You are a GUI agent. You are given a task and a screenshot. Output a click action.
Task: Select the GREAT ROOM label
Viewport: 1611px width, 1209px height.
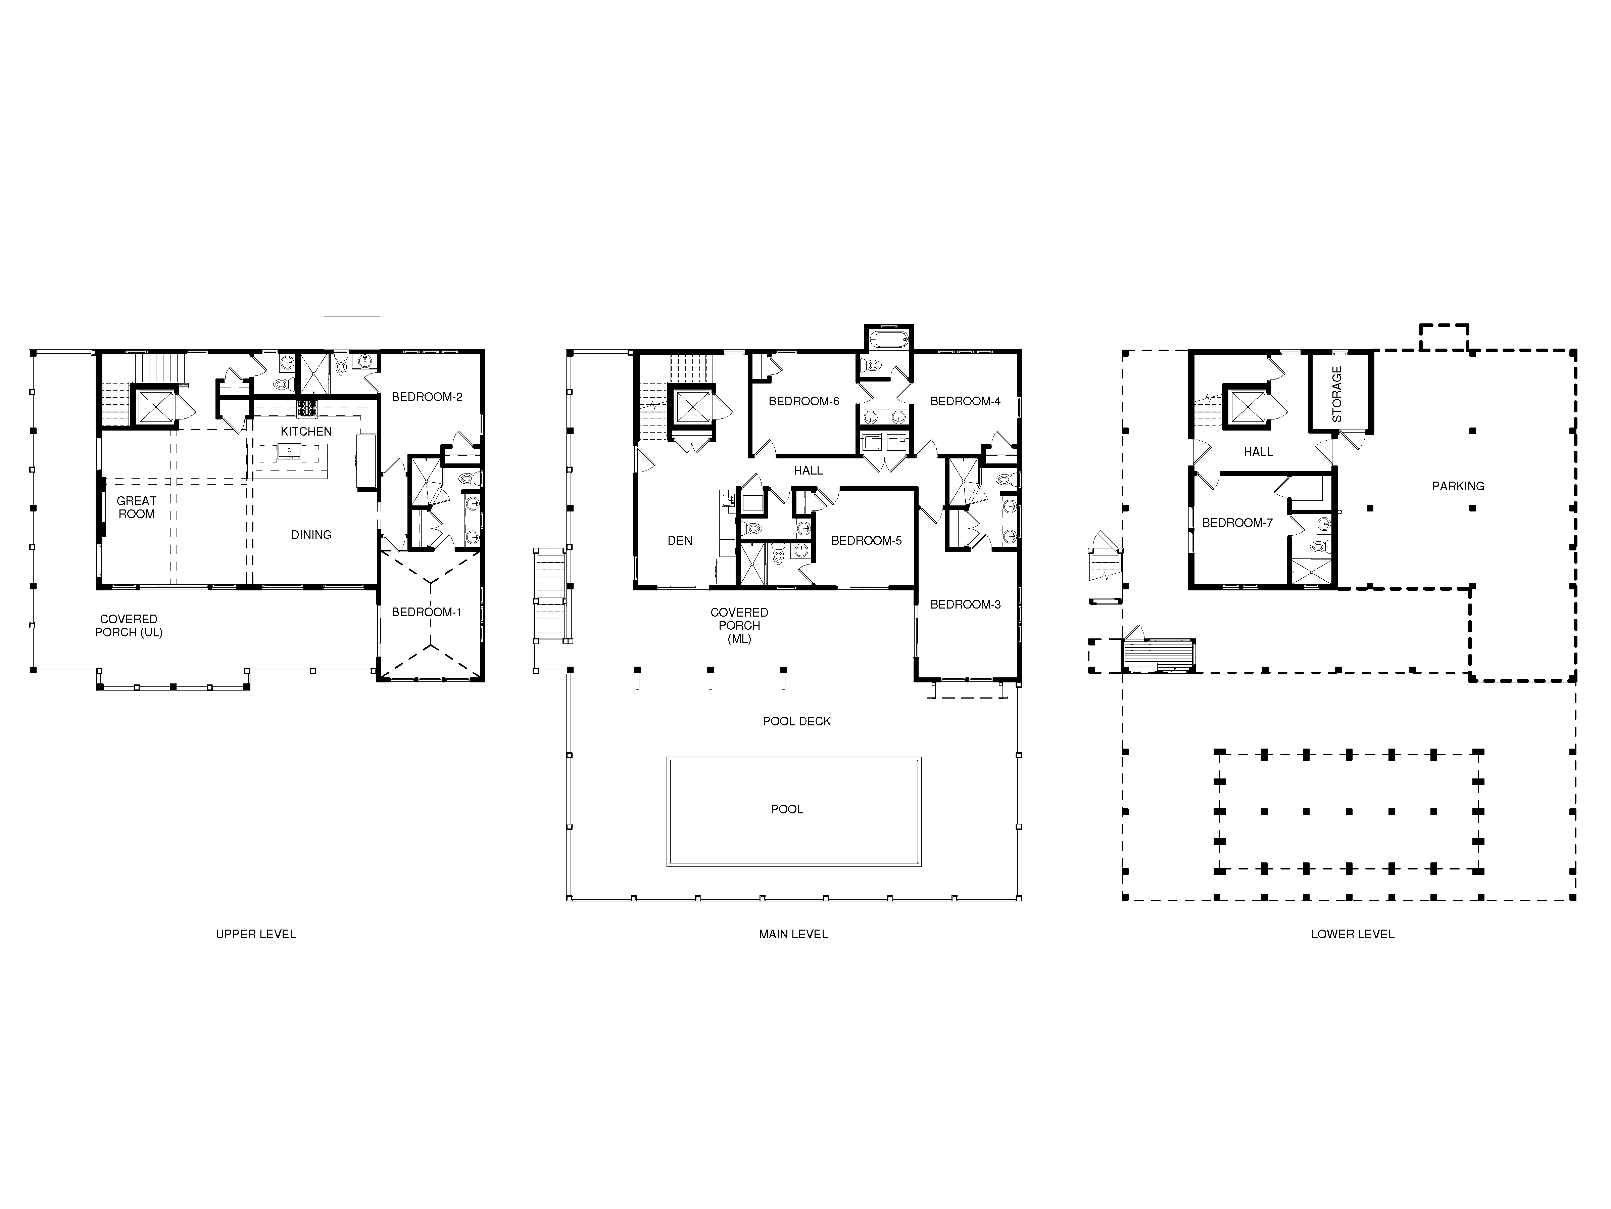pos(136,507)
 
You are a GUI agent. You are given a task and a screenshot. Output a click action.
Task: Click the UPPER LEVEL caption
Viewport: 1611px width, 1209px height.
pos(256,934)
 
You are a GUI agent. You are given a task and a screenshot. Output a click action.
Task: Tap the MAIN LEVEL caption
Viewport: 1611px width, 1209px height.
pos(793,934)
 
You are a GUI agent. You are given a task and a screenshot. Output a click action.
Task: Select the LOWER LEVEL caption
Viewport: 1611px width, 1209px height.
pos(1353,934)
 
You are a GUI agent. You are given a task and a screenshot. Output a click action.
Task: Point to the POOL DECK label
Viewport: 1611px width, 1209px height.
pos(797,721)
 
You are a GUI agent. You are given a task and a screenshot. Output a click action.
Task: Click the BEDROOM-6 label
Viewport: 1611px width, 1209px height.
pos(804,402)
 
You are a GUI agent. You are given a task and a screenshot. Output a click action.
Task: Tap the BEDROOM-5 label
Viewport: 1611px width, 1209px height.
pos(867,541)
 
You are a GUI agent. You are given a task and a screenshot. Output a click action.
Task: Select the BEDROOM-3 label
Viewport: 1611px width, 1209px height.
pos(966,604)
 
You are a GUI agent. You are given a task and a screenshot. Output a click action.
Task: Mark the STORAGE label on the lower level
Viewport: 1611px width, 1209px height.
pos(1337,394)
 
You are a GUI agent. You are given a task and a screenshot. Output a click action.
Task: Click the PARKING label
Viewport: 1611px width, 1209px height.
pos(1458,486)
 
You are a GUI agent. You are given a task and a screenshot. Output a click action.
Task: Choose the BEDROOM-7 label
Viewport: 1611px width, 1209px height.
pos(1237,523)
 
